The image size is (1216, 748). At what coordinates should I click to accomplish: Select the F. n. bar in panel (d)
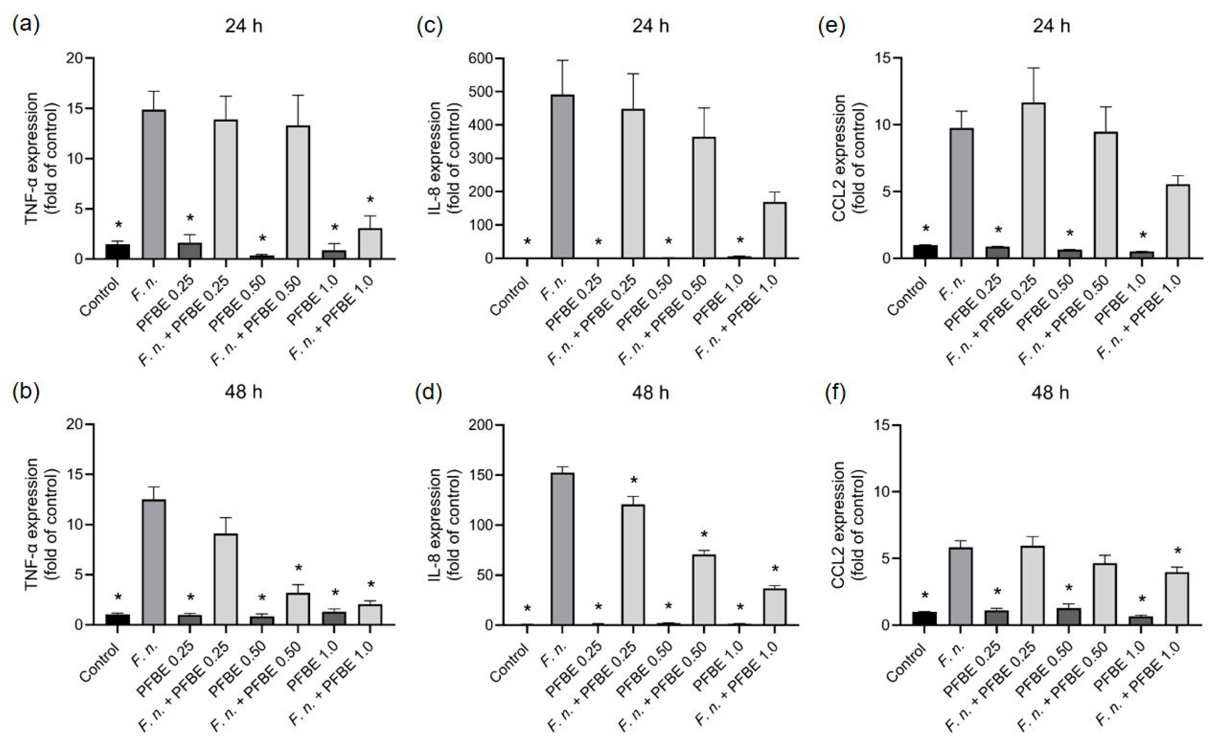562,549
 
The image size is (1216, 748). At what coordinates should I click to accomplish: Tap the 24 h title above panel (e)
1051,26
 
